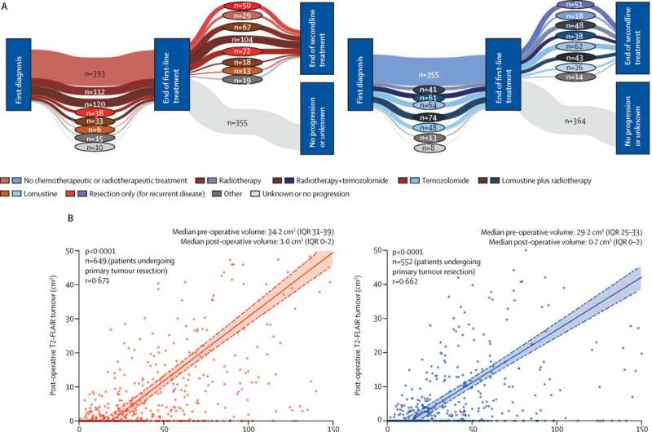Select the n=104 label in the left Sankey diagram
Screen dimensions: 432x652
point(241,39)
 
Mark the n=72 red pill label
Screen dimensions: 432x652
point(241,51)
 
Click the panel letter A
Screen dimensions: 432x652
point(6,6)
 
